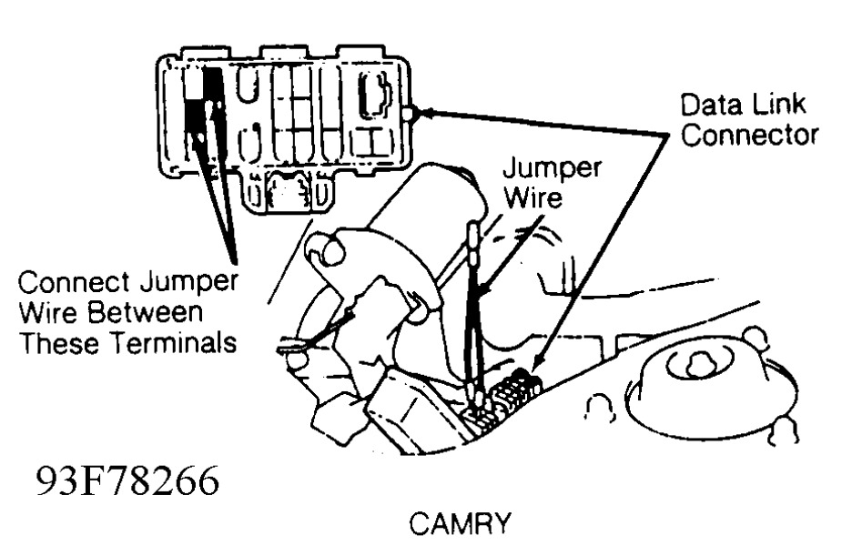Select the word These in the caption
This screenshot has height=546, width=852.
coord(56,344)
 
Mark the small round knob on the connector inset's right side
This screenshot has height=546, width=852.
coord(411,114)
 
